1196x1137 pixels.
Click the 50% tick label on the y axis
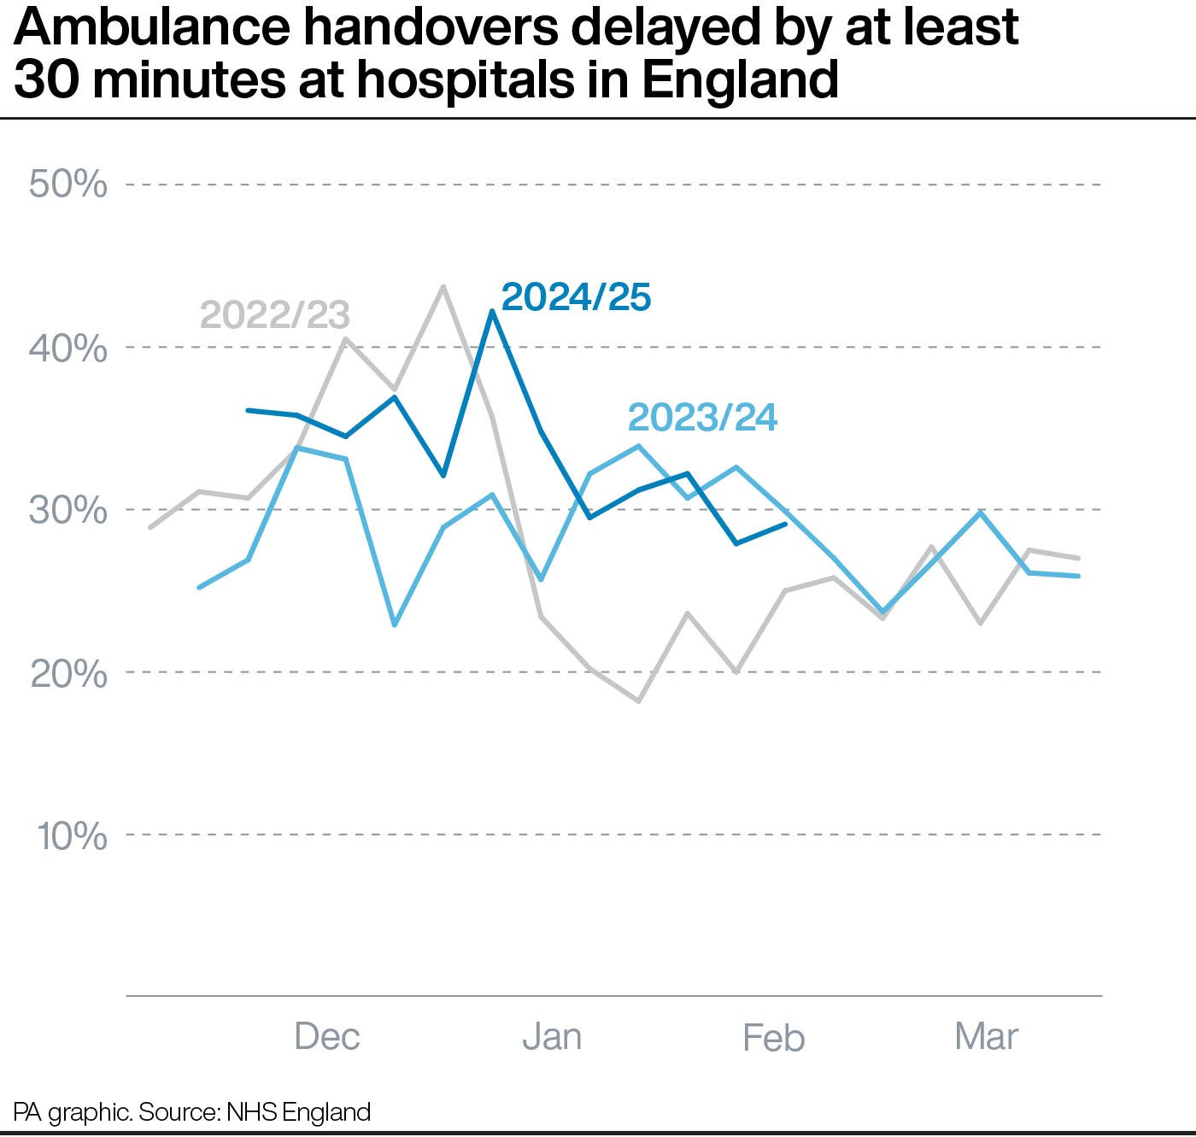[x=68, y=185]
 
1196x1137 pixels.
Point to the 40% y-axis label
[x=68, y=348]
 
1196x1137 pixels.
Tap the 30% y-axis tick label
[x=68, y=510]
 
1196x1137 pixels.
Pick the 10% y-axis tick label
[x=72, y=835]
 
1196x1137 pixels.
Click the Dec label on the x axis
[x=327, y=1037]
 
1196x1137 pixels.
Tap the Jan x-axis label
[x=552, y=1037]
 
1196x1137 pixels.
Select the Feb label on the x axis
[x=773, y=1038]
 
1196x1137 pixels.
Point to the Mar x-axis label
[x=987, y=1037]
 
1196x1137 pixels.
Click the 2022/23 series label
[x=275, y=315]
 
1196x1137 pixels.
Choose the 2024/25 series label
[x=576, y=297]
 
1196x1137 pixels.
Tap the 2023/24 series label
[x=702, y=419]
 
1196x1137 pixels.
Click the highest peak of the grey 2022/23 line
[x=443, y=287]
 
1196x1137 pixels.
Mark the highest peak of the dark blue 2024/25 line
[x=492, y=311]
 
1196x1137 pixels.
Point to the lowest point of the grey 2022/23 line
[x=638, y=700]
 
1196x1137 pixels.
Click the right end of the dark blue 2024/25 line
[x=785, y=525]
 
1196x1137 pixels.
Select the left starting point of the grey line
[x=150, y=527]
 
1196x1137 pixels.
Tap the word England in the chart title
[x=740, y=79]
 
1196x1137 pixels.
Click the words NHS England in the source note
[x=297, y=1111]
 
